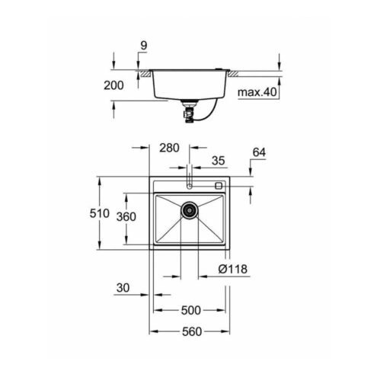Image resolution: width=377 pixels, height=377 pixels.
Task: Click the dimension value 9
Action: click(144, 46)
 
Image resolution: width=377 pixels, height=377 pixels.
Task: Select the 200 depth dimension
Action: click(113, 85)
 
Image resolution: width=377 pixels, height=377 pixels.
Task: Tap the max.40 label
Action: click(257, 92)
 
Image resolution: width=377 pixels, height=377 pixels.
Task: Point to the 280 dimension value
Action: click(169, 148)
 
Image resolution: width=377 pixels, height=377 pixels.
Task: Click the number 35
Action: click(219, 161)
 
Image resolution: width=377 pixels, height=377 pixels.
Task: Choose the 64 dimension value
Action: click(259, 152)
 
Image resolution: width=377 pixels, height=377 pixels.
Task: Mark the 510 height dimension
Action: click(100, 213)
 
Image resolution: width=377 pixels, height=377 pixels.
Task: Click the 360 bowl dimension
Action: click(126, 217)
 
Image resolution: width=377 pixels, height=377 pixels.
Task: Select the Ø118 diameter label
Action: click(233, 269)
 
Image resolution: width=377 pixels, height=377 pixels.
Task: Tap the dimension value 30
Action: click(123, 288)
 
